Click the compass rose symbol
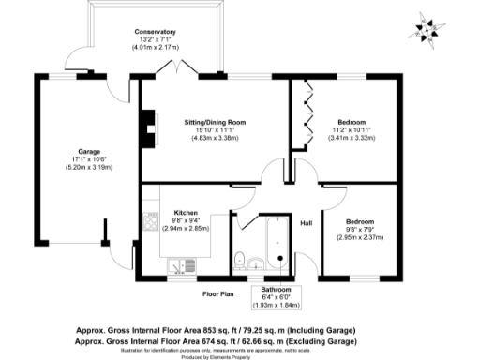427,29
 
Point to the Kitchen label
184,213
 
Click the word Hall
305,222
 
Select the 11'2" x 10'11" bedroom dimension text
352,130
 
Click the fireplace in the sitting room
146,123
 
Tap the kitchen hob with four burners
149,222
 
